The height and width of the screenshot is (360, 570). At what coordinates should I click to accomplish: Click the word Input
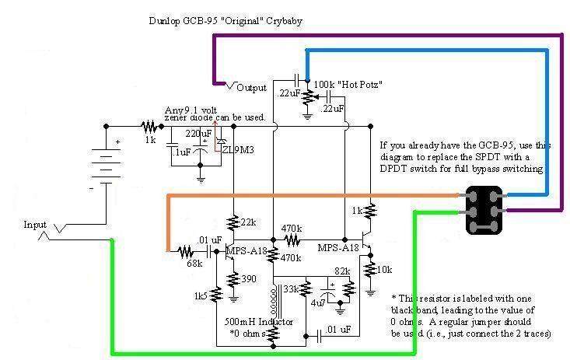36,224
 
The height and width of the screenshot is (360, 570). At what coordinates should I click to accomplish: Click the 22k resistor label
248,223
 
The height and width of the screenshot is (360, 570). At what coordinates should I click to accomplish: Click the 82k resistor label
341,271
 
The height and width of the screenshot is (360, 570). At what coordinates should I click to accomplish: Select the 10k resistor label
385,269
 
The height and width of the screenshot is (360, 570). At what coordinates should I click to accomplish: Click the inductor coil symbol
273,299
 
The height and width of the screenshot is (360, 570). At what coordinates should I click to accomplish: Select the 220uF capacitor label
198,133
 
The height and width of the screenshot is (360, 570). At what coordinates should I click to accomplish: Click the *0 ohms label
248,333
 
